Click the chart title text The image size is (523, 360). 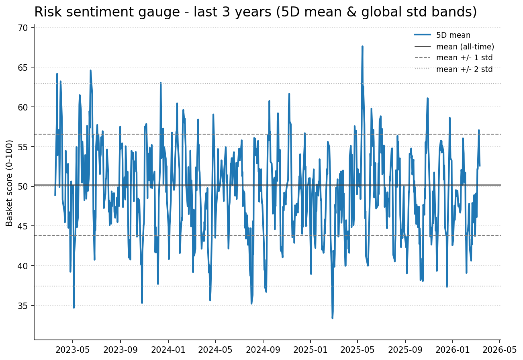point(255,12)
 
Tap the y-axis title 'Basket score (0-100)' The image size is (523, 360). point(10,183)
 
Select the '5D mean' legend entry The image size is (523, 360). point(453,35)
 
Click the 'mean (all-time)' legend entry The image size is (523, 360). point(465,47)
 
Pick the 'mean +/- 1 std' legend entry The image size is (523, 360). point(464,58)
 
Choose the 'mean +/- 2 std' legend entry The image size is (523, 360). point(464,69)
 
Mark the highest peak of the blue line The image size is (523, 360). point(362,47)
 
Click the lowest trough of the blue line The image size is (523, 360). point(332,318)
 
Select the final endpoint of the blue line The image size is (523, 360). point(480,166)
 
